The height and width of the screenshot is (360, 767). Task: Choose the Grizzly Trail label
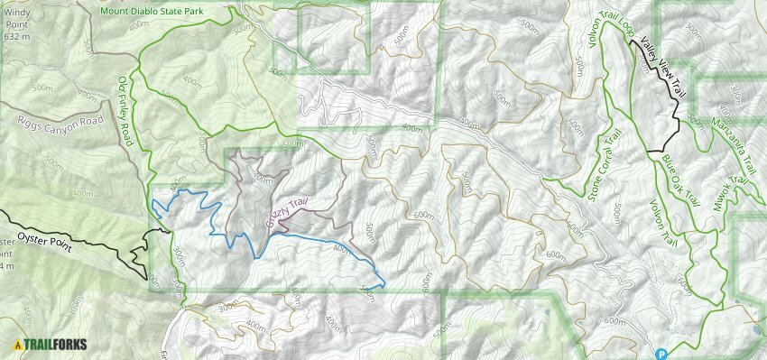point(288,209)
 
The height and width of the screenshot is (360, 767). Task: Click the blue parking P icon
point(661,354)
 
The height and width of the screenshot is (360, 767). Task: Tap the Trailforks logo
point(51,344)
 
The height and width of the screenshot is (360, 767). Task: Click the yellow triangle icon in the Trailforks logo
point(17,344)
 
